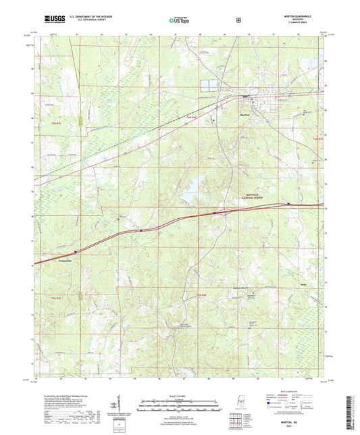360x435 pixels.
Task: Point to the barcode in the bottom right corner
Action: pyautogui.click(x=352, y=413)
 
